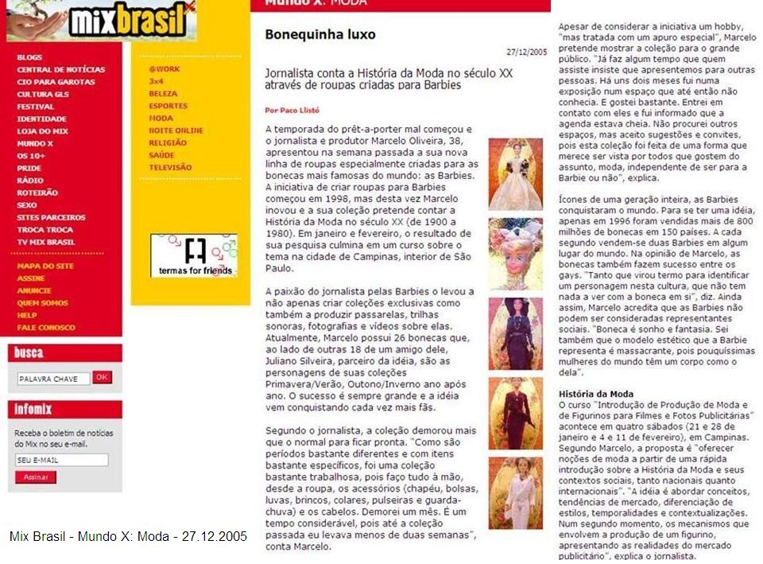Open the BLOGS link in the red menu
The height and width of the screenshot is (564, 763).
(29, 57)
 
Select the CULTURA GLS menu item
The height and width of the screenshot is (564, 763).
(46, 94)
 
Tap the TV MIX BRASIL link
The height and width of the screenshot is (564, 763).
(45, 242)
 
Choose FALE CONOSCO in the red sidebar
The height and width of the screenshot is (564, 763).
(46, 328)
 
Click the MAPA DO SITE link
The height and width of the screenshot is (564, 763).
(45, 266)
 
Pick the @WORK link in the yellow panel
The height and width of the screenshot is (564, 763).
(164, 69)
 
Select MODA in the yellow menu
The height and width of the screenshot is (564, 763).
(161, 119)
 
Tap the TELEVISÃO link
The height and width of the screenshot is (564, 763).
(170, 167)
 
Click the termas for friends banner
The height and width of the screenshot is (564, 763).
(194, 255)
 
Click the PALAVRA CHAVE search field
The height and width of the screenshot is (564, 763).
(52, 379)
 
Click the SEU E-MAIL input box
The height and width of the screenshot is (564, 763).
(61, 460)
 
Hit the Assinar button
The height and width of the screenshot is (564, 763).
(36, 477)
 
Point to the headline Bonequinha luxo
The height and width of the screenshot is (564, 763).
(320, 35)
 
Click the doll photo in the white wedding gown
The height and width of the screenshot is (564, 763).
(515, 174)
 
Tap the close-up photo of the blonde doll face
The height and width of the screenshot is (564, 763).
(515, 254)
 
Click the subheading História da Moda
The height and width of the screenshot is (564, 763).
(595, 394)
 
